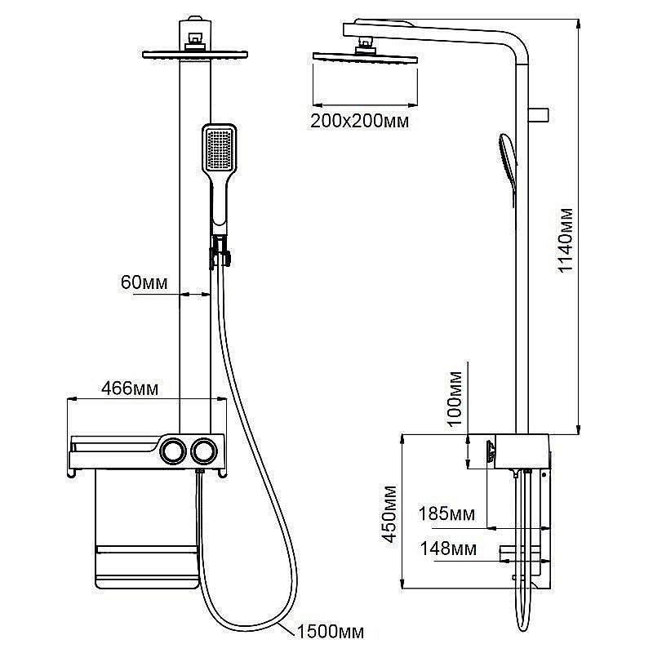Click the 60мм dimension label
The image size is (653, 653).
coord(144,282)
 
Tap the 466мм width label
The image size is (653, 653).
coord(130,389)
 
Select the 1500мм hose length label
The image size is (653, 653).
coord(331,632)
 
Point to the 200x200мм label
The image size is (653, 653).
coord(359,121)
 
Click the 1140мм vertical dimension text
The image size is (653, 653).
coord(565,240)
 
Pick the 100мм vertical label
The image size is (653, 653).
coord(455,399)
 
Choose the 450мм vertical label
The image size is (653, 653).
coord(390,514)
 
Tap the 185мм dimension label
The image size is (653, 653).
coord(446,514)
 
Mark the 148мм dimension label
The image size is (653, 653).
coord(448,549)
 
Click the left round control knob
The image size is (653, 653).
coord(173,450)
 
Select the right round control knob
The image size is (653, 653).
coord(203,450)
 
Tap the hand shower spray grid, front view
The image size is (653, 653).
coord(219,149)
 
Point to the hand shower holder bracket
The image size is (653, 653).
coord(220,251)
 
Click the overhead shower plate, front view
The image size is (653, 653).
coord(195,55)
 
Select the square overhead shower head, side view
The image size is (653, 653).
coord(365,57)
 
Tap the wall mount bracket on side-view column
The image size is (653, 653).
coord(539,115)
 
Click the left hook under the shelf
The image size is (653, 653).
coord(71,473)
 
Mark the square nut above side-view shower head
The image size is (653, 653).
coord(365,42)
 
